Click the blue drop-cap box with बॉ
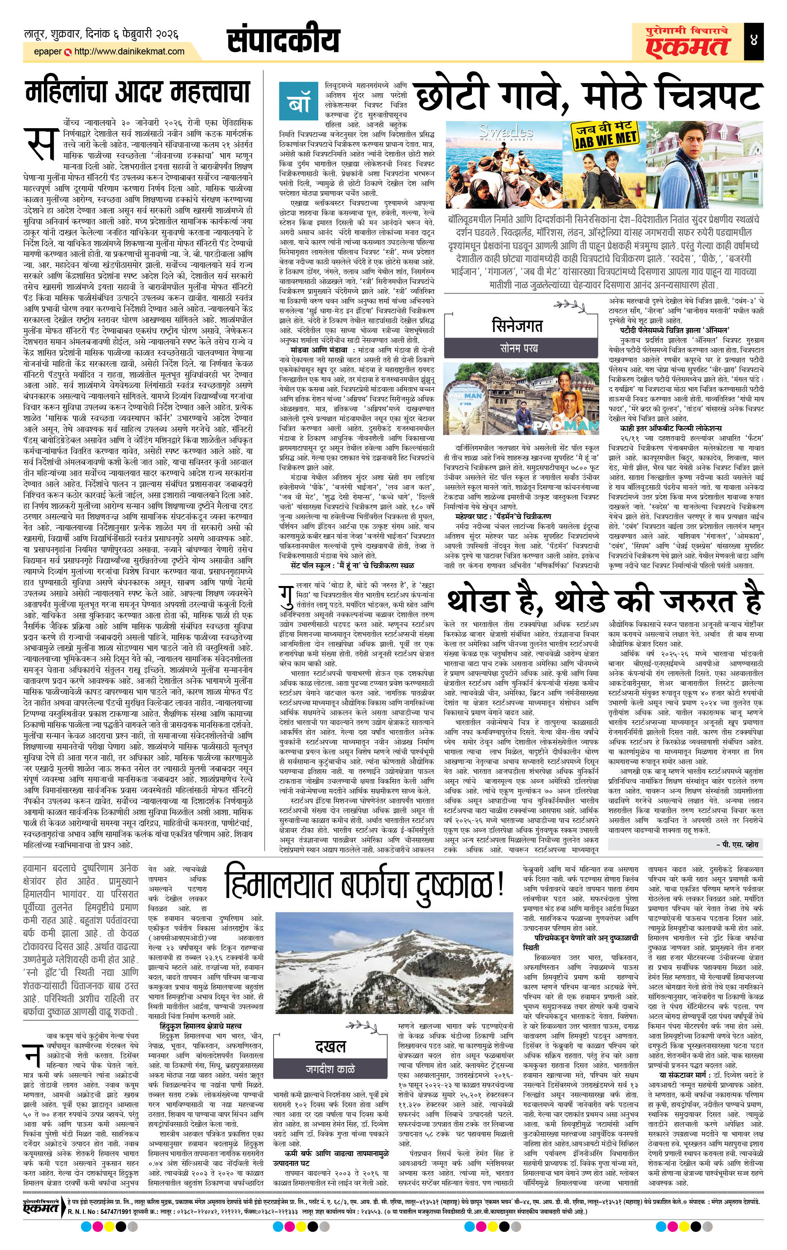[296, 100]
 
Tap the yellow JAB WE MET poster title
[605, 136]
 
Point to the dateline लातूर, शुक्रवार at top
[101, 35]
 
